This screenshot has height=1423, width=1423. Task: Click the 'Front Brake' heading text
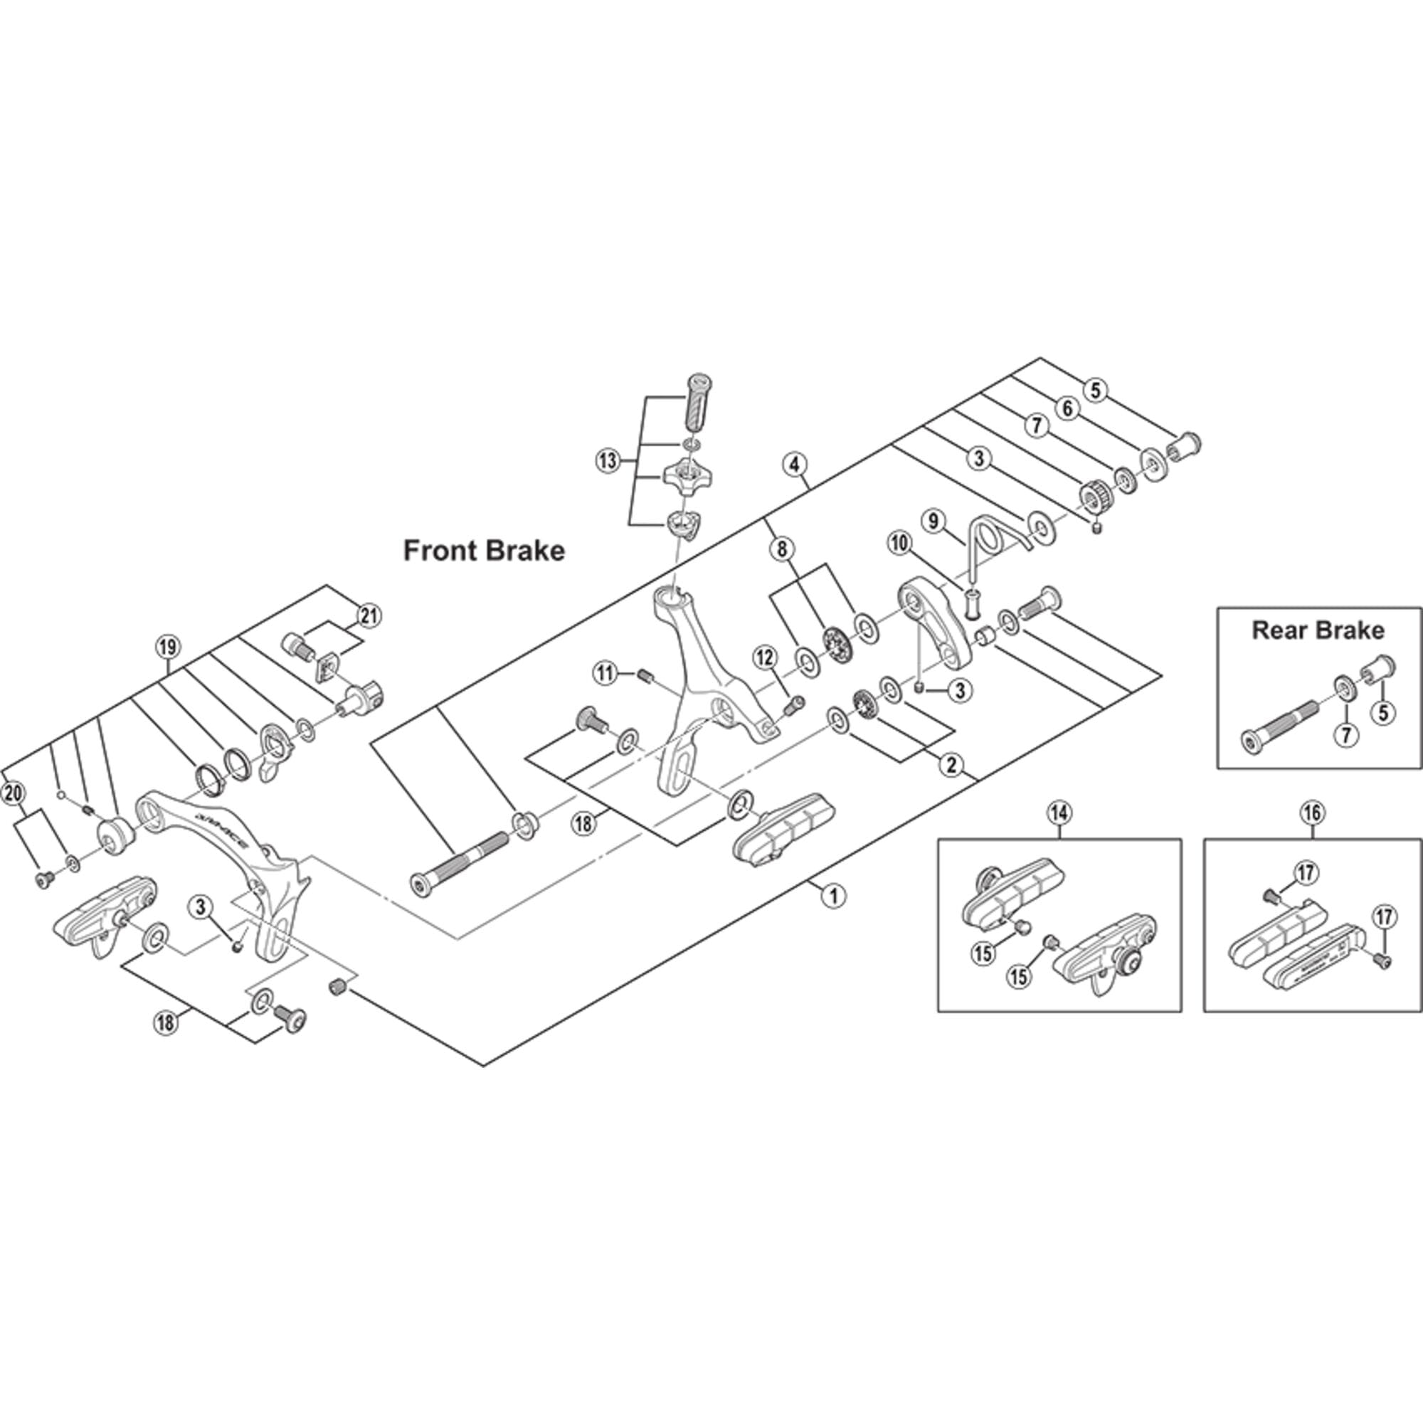(x=484, y=551)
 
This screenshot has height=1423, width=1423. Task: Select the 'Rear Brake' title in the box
(x=1318, y=630)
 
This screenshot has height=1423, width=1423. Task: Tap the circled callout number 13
(x=607, y=462)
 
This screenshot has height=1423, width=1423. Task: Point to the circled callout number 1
(x=833, y=896)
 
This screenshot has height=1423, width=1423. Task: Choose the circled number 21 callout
(x=369, y=615)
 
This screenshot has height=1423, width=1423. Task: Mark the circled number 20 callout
(x=14, y=793)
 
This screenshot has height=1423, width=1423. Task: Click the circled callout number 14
(x=1059, y=813)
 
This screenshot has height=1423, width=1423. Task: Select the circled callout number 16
(x=1313, y=813)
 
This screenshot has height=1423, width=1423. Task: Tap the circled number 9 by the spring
(x=933, y=522)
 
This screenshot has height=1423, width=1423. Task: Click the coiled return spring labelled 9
(x=987, y=544)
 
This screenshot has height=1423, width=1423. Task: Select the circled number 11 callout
(x=605, y=672)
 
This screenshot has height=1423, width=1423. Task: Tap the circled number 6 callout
(x=1068, y=408)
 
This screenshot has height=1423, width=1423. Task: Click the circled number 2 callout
(x=951, y=766)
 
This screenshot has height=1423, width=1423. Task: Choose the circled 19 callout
(x=168, y=648)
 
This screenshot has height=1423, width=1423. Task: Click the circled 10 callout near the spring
(x=899, y=544)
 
